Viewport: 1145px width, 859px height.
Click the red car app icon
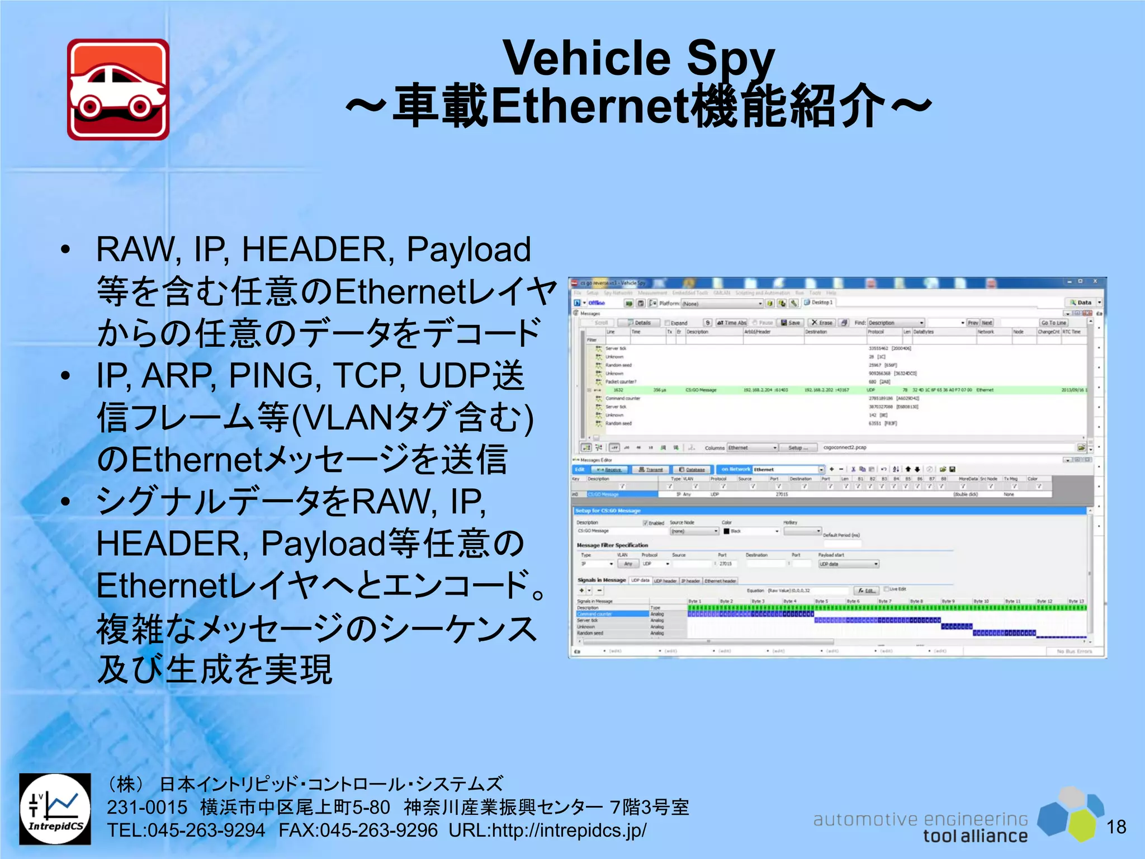point(118,89)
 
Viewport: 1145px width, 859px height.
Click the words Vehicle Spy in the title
point(638,58)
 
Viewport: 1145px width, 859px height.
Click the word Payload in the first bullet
point(469,249)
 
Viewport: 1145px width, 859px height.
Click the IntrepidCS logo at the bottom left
point(55,809)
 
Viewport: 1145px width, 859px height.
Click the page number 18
point(1116,827)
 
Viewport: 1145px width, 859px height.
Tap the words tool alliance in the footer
point(975,836)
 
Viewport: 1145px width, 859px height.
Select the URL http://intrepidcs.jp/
point(548,830)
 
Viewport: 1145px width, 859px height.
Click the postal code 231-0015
point(147,808)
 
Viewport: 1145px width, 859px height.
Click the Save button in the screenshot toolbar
point(791,323)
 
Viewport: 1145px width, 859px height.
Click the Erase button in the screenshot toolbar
point(822,323)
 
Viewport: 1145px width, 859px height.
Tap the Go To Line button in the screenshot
point(1053,323)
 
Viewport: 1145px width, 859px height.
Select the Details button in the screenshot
point(639,323)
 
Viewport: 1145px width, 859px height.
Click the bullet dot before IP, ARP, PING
point(66,376)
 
